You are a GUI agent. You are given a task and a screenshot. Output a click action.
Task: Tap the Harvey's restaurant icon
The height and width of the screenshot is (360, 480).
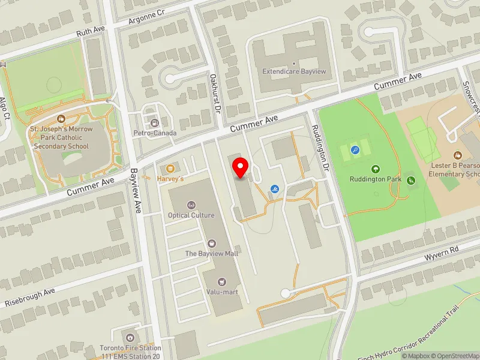pos(171,168)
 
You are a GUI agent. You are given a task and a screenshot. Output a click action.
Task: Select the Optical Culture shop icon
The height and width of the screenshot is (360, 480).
pos(191,205)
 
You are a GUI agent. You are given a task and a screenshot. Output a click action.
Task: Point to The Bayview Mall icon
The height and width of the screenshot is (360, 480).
pos(211,243)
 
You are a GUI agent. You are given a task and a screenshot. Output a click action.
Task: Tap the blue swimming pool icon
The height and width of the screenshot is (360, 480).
pos(275,190)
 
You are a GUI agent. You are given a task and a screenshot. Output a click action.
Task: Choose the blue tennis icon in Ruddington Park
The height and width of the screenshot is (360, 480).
pos(355,150)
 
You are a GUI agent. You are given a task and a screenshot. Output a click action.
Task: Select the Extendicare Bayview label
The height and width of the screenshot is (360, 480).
pos(294,71)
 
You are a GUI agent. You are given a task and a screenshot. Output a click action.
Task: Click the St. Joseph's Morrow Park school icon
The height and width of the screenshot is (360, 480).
pos(61,119)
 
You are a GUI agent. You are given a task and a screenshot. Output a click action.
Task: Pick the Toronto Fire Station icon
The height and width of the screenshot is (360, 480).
pos(130,337)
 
